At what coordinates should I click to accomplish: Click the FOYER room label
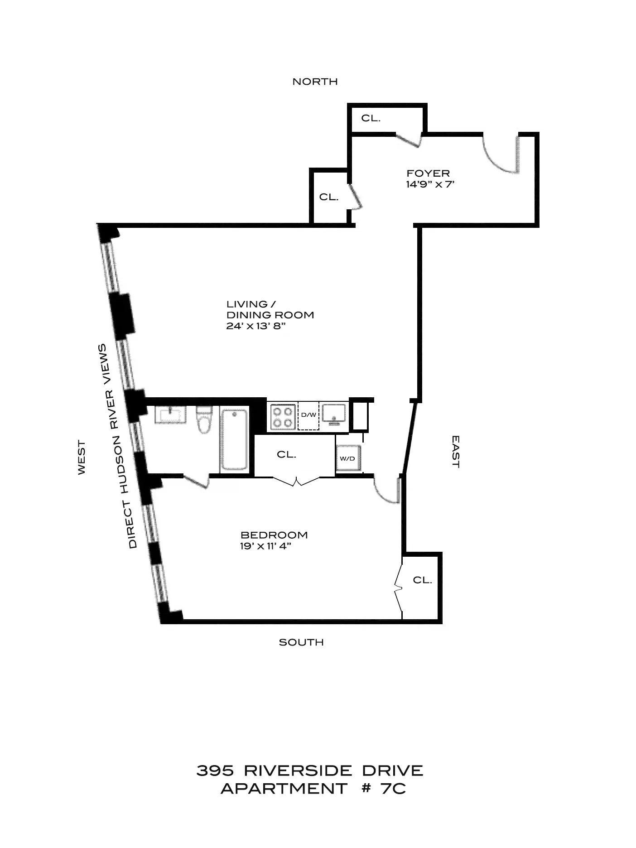428,173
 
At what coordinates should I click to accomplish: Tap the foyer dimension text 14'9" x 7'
429,184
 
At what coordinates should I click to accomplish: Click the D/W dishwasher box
308,415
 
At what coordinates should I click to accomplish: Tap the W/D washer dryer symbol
348,458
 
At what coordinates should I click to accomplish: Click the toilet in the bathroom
204,419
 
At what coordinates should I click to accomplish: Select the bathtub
234,439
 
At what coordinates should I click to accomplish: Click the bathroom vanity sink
170,414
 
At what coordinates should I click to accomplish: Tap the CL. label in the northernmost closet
371,119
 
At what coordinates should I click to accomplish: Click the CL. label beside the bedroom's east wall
422,580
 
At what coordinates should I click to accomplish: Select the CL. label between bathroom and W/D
286,454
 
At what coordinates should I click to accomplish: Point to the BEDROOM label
274,535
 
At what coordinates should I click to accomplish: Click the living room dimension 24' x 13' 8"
256,326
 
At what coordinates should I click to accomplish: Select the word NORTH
315,82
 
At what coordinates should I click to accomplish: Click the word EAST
455,452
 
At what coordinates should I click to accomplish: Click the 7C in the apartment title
393,789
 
